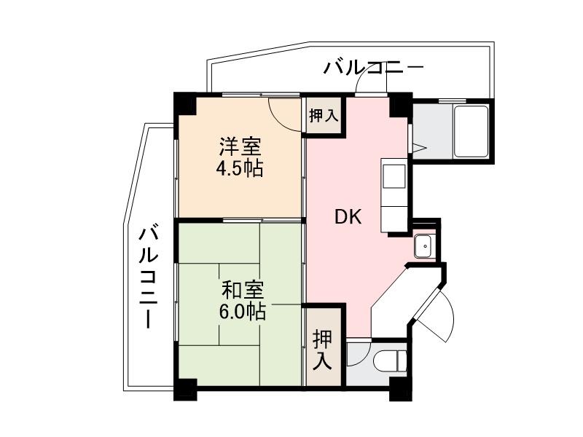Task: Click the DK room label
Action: click(x=348, y=217)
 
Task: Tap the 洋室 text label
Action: click(x=240, y=146)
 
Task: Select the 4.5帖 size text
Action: click(x=240, y=169)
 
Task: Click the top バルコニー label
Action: click(x=374, y=68)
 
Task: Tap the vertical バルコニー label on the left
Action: click(x=149, y=277)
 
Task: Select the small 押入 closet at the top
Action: click(x=323, y=114)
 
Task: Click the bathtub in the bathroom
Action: click(x=472, y=131)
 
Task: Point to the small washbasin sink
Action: click(x=423, y=247)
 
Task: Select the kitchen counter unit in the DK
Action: click(x=394, y=196)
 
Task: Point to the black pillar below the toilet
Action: click(x=399, y=389)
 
